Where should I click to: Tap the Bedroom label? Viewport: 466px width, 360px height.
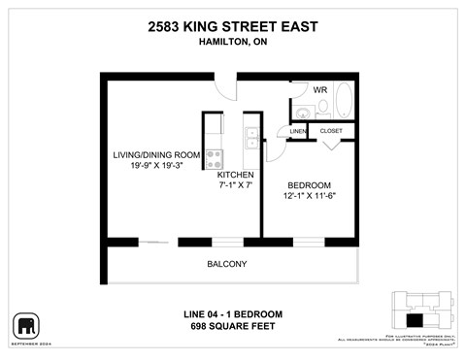coord(309,184)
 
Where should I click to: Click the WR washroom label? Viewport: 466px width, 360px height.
coord(319,89)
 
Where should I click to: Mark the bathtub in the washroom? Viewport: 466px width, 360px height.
coord(344,102)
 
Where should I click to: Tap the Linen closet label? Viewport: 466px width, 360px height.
coord(298,131)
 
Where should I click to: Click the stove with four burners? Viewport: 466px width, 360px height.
coord(214,157)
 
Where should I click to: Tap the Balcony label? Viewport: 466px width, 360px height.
coord(226,264)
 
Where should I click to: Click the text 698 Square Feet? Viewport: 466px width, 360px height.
coord(232,326)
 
